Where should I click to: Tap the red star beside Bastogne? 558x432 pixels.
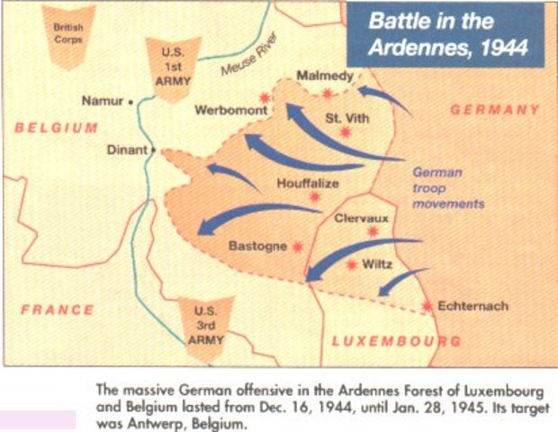coord(297,246)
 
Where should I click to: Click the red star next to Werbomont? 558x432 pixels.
coord(265,97)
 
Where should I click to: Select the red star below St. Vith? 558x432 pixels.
coord(346,132)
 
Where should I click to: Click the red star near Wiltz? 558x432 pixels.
coord(351,265)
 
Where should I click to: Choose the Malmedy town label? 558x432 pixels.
coord(325,76)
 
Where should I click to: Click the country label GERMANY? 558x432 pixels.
coord(494,110)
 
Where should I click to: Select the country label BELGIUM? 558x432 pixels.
coord(56,128)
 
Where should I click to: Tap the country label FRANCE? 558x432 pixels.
coord(58,310)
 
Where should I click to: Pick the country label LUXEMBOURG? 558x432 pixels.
coord(396,341)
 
